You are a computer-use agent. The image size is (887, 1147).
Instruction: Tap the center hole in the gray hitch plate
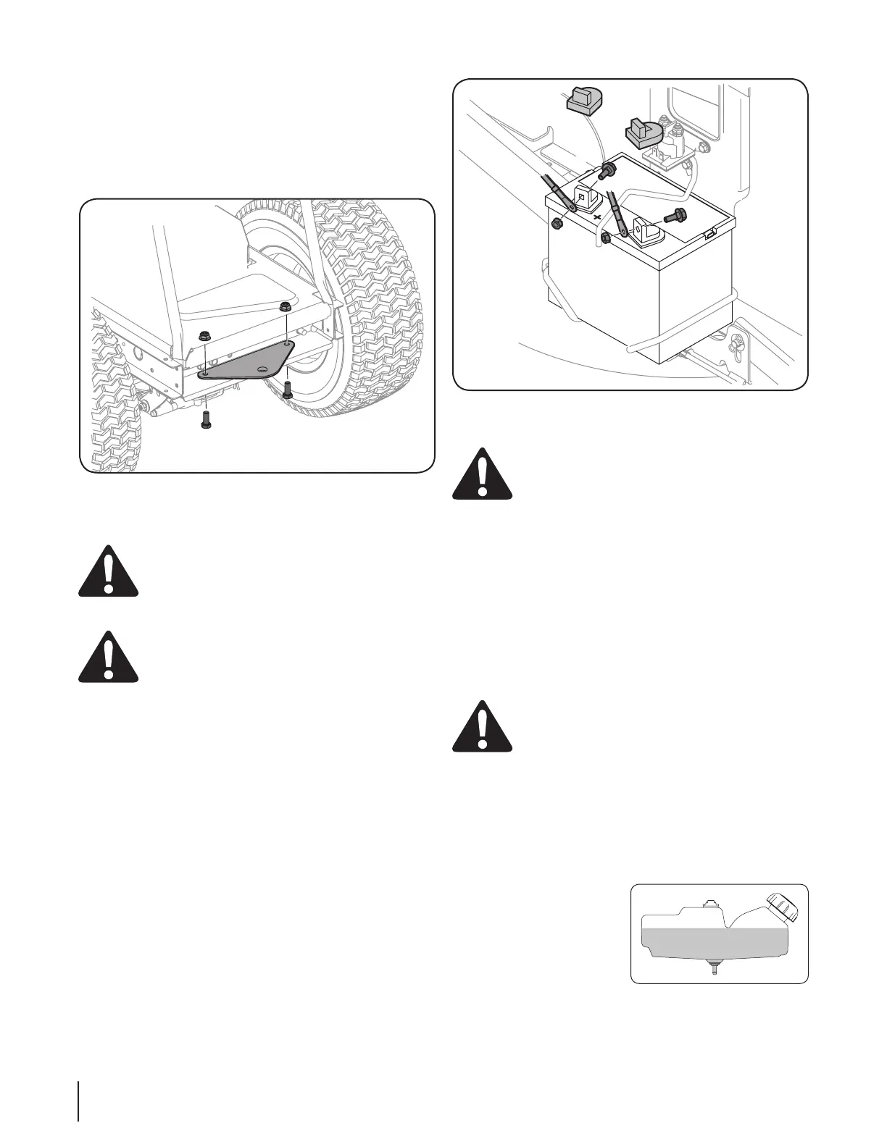click(x=262, y=369)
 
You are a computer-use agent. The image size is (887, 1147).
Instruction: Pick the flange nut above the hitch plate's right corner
click(x=285, y=308)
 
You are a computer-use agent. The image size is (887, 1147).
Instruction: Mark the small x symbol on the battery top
click(x=597, y=217)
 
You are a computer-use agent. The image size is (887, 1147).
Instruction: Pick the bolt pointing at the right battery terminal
click(x=675, y=215)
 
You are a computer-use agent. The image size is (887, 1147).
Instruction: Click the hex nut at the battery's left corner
click(x=557, y=223)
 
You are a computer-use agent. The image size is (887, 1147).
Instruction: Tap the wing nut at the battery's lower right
click(x=737, y=338)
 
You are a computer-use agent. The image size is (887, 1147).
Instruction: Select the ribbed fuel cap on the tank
click(x=783, y=907)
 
